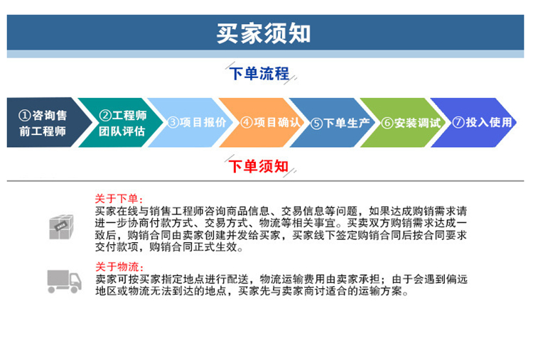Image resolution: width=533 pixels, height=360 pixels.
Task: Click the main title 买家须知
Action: [x=264, y=33]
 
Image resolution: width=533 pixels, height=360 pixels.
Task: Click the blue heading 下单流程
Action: [x=259, y=73]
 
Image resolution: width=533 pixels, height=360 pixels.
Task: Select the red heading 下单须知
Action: [x=259, y=166]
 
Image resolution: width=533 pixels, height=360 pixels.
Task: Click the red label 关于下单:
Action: [x=119, y=199]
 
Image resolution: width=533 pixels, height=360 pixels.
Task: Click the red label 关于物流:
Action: [x=119, y=266]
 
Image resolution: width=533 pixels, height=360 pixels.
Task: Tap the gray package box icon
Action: [x=61, y=227]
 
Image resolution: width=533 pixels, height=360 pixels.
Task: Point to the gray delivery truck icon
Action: [x=64, y=282]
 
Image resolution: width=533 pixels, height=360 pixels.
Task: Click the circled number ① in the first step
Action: [x=24, y=116]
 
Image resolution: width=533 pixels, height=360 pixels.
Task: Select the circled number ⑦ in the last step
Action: [x=458, y=122]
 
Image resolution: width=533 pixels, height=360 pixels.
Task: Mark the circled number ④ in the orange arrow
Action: [x=247, y=122]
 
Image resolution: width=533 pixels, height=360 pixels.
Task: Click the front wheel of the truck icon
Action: [x=74, y=290]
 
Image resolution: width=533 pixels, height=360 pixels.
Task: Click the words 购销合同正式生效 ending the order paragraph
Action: [x=193, y=247]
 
